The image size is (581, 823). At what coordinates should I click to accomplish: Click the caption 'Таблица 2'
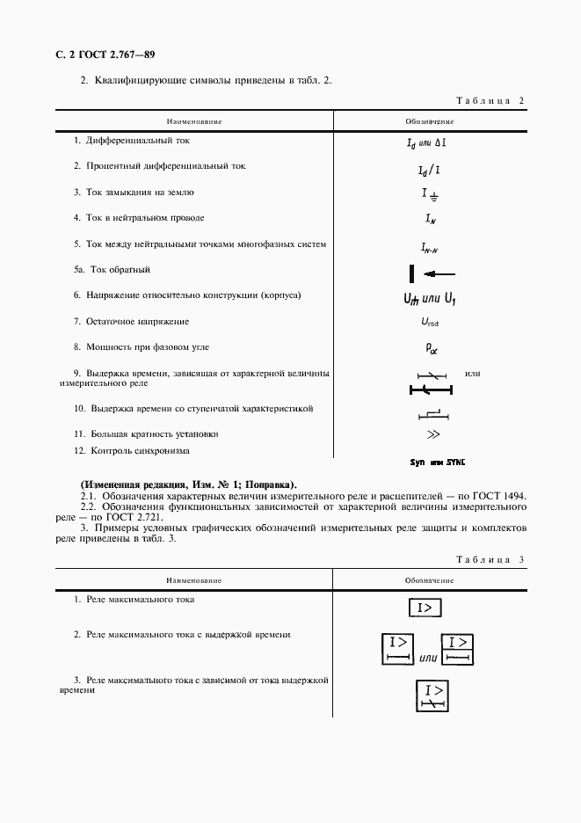(x=491, y=101)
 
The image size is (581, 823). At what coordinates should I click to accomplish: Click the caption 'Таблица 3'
(x=491, y=559)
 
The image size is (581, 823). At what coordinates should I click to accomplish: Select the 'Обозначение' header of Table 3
(x=429, y=580)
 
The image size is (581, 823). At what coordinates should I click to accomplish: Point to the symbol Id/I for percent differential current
(x=429, y=169)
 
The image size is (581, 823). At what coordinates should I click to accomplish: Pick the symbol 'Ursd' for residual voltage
(x=429, y=323)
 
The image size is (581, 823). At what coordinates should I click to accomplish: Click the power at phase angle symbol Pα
(x=431, y=349)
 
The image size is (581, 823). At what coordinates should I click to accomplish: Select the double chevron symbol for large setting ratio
(x=432, y=435)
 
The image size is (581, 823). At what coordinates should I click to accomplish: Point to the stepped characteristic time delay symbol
(x=431, y=412)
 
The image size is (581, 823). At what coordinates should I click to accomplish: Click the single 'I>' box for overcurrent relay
(x=426, y=608)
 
